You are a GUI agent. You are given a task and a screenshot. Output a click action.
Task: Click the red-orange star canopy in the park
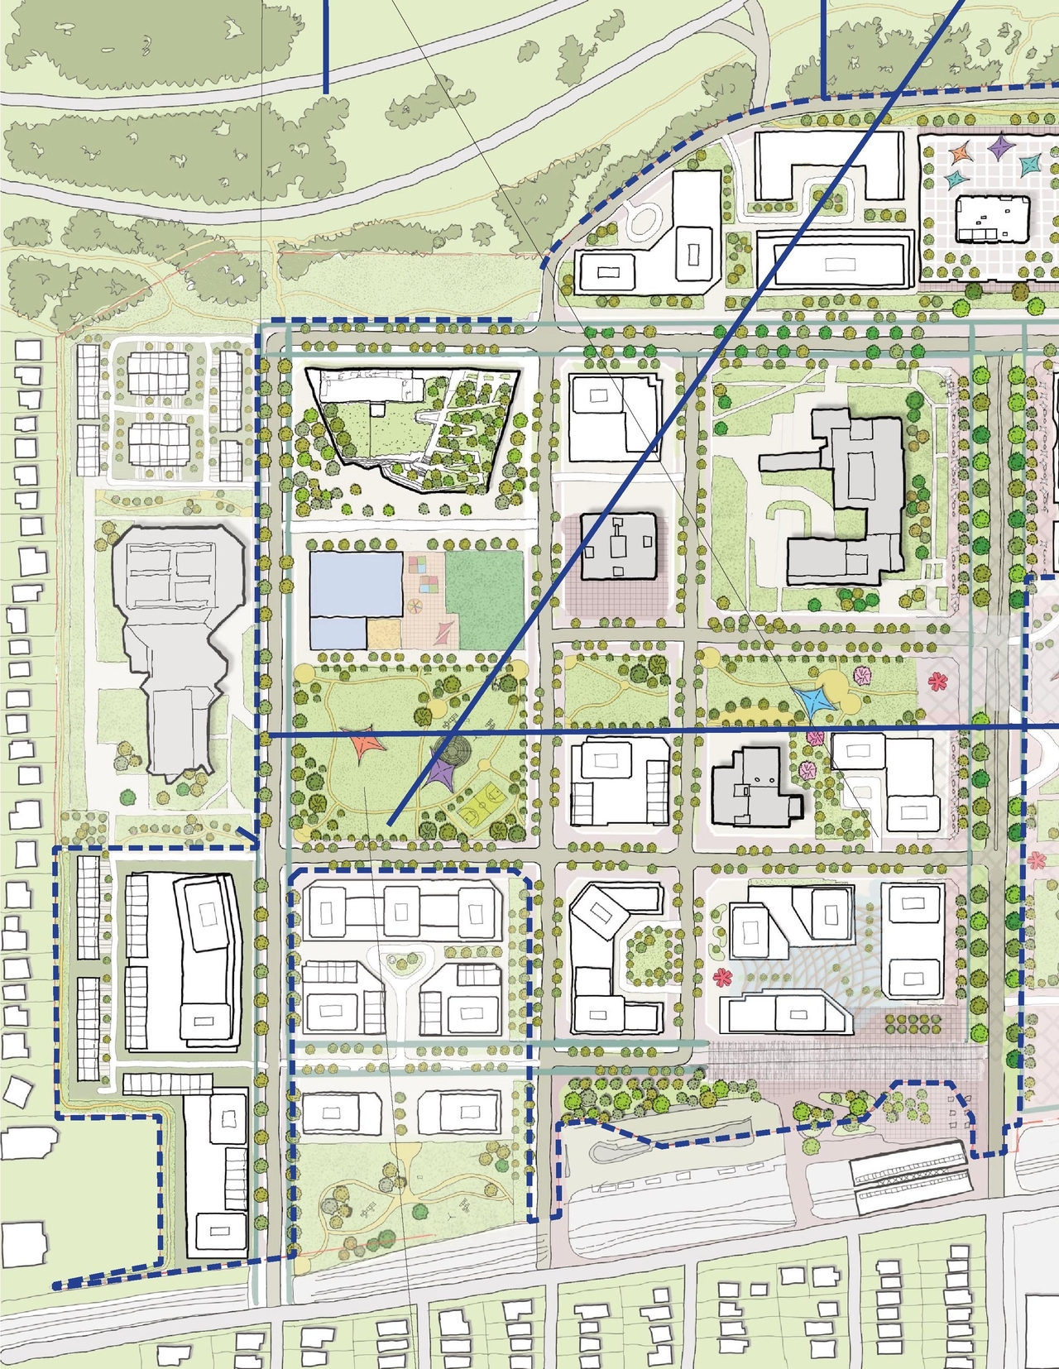tap(364, 744)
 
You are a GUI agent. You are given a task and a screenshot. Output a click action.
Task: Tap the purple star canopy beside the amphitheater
tap(443, 774)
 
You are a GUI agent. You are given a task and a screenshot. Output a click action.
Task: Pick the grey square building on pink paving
tap(620, 547)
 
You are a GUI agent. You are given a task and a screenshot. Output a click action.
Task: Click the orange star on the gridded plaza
tap(961, 154)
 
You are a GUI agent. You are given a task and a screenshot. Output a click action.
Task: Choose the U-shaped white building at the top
tap(827, 165)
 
